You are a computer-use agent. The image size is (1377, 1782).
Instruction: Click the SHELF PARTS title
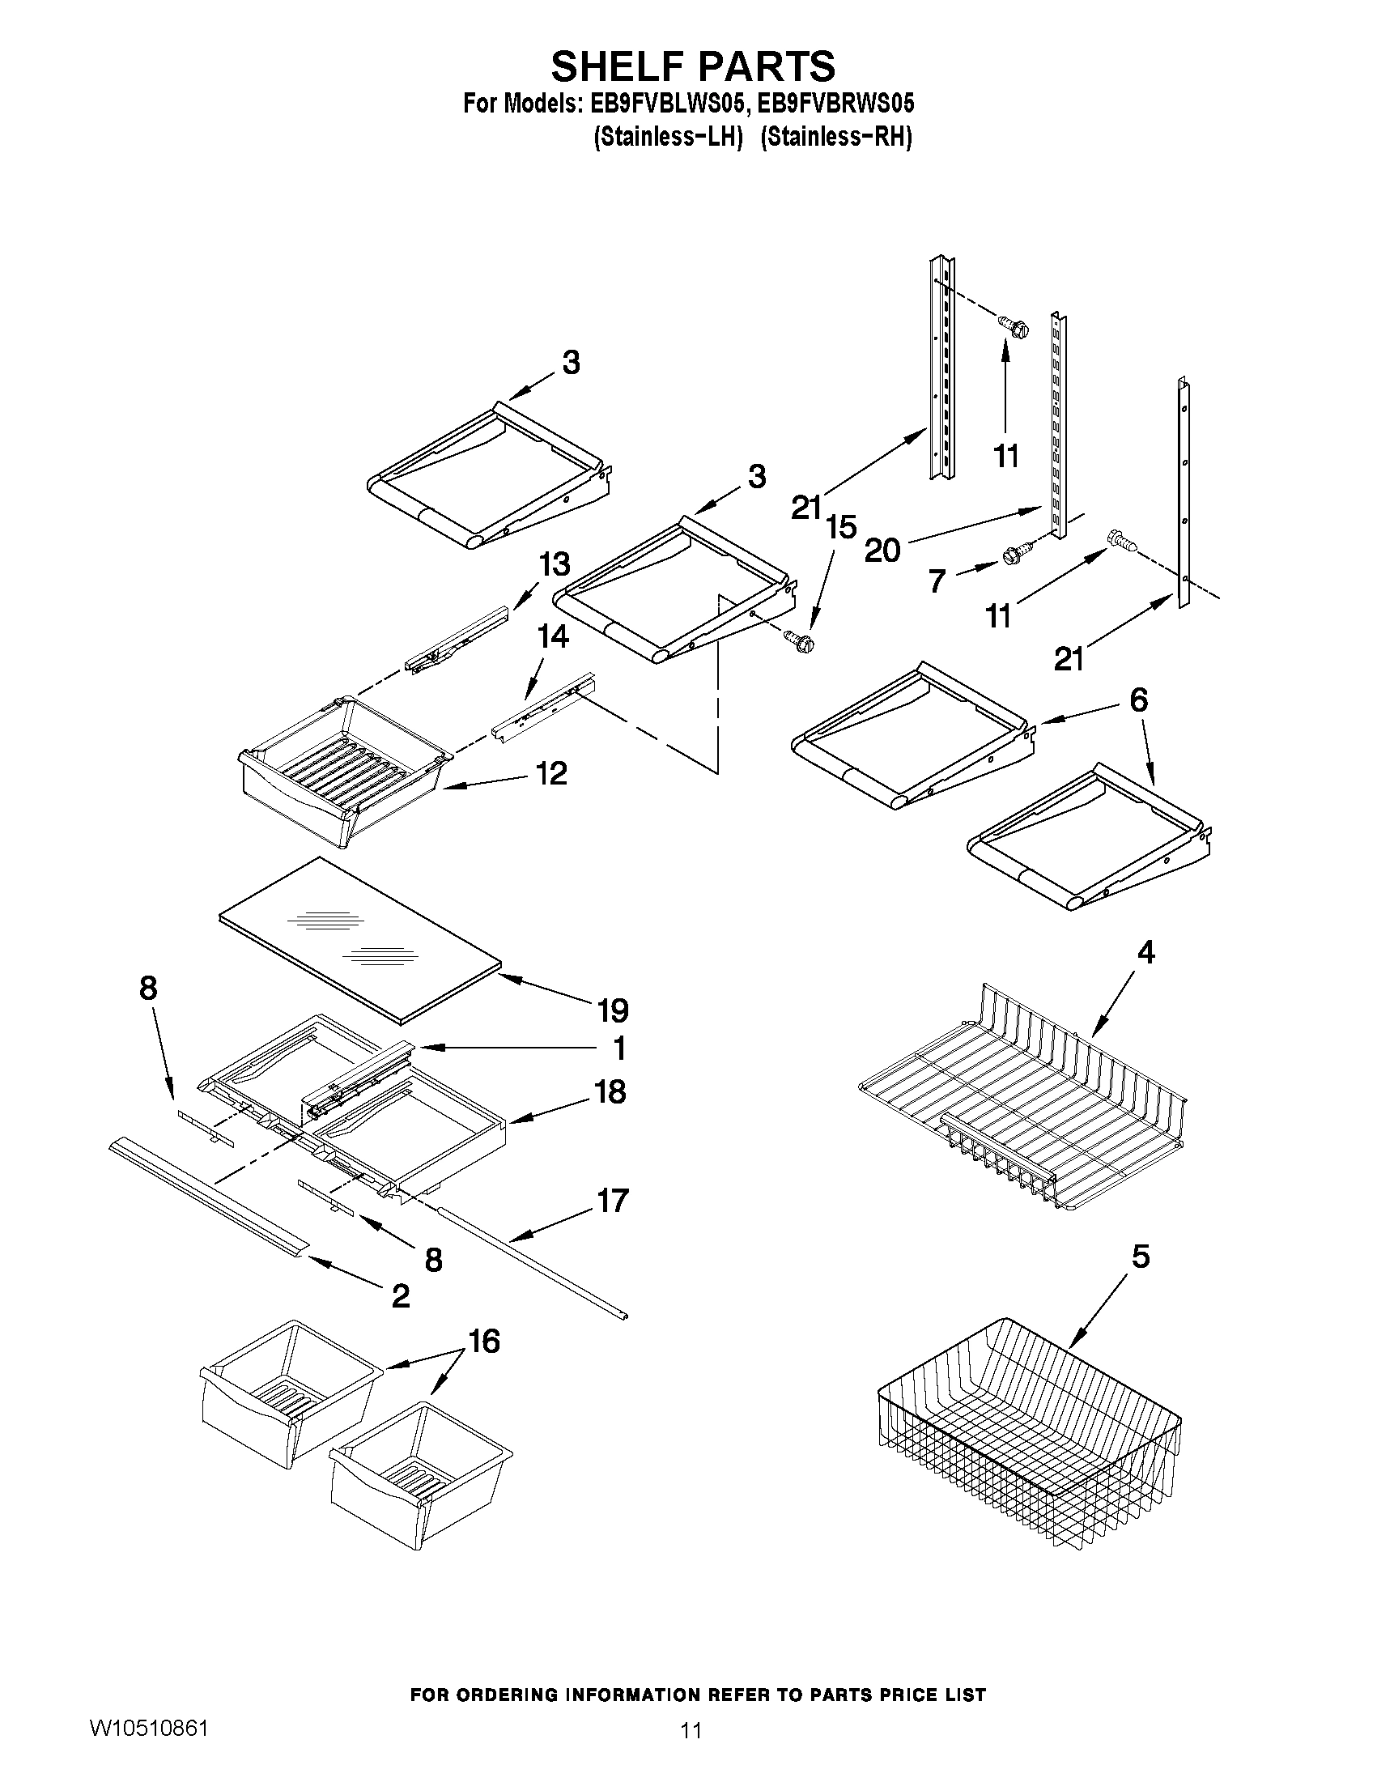point(693,66)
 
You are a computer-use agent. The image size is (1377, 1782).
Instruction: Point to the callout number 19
point(613,1011)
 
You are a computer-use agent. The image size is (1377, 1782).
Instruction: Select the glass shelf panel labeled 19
point(359,938)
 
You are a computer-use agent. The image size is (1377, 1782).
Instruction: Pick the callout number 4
point(1145,952)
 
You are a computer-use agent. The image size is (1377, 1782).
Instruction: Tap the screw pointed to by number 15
point(798,640)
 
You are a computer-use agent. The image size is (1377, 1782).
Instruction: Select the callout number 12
point(551,773)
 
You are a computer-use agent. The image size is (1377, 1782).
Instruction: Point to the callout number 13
point(554,564)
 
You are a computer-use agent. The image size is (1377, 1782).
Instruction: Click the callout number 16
point(485,1342)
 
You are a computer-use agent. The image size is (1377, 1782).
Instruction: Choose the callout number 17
point(613,1200)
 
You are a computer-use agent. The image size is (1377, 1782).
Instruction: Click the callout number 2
point(401,1295)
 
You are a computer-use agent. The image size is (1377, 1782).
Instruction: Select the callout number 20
point(882,551)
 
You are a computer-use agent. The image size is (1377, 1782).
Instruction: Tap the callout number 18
point(611,1091)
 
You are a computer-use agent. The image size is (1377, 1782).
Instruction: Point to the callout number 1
point(619,1048)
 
